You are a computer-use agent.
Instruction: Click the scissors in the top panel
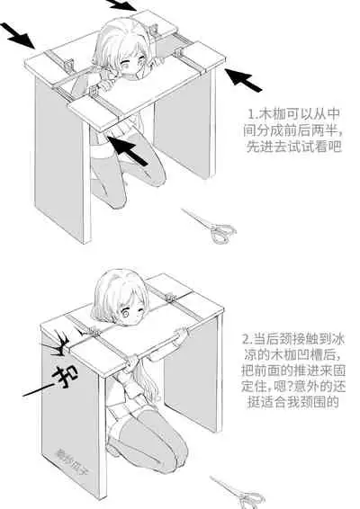tap(210, 227)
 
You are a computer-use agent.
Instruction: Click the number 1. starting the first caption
tap(253, 115)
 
